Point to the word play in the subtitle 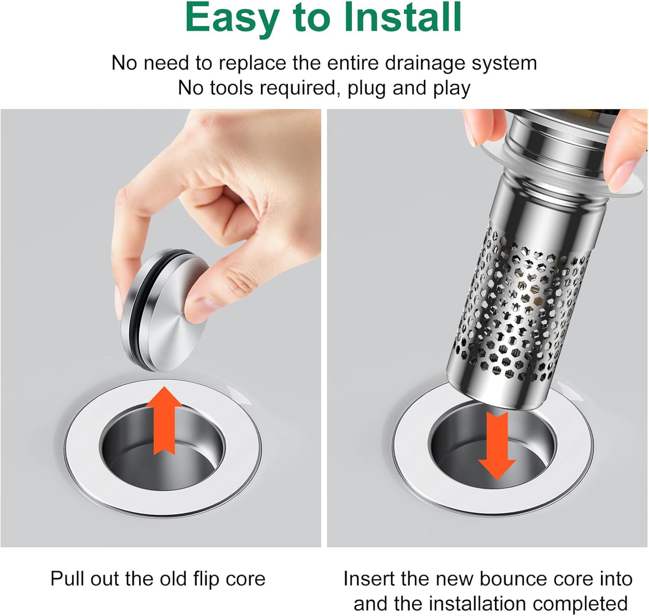tap(451, 88)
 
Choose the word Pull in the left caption tap(67, 579)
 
